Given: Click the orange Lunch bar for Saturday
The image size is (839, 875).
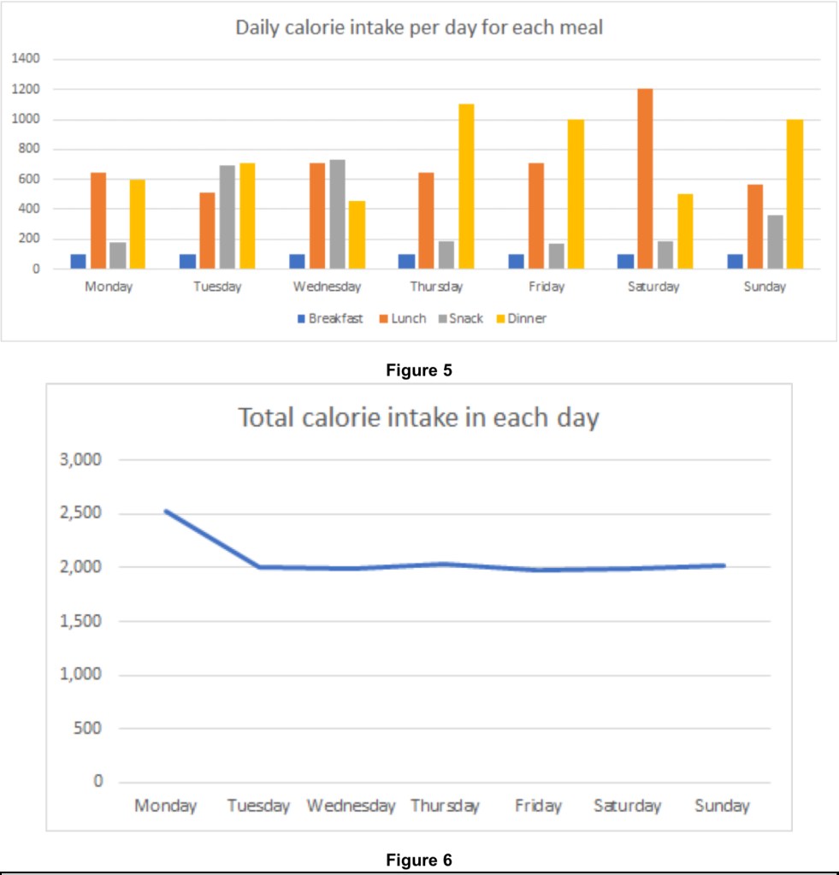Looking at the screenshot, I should click(x=645, y=179).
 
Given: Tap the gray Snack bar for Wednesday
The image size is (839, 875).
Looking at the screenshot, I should click(x=337, y=214).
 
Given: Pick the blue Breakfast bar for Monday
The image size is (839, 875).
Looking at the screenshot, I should click(x=79, y=261).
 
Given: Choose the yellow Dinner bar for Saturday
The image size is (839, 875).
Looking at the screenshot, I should click(x=684, y=231).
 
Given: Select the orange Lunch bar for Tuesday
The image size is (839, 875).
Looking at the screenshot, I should click(x=208, y=230).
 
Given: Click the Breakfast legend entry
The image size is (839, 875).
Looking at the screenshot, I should click(x=330, y=319).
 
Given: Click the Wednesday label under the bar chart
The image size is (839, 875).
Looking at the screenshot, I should click(x=327, y=287).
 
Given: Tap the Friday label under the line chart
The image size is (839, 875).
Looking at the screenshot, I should click(x=538, y=806).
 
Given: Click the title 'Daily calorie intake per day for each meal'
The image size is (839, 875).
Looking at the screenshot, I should click(x=419, y=27).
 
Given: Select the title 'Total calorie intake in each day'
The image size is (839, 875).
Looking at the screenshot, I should click(x=418, y=418).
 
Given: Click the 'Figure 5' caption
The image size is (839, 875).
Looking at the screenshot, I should click(x=419, y=370).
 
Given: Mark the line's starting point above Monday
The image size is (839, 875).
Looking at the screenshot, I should click(x=166, y=511).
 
